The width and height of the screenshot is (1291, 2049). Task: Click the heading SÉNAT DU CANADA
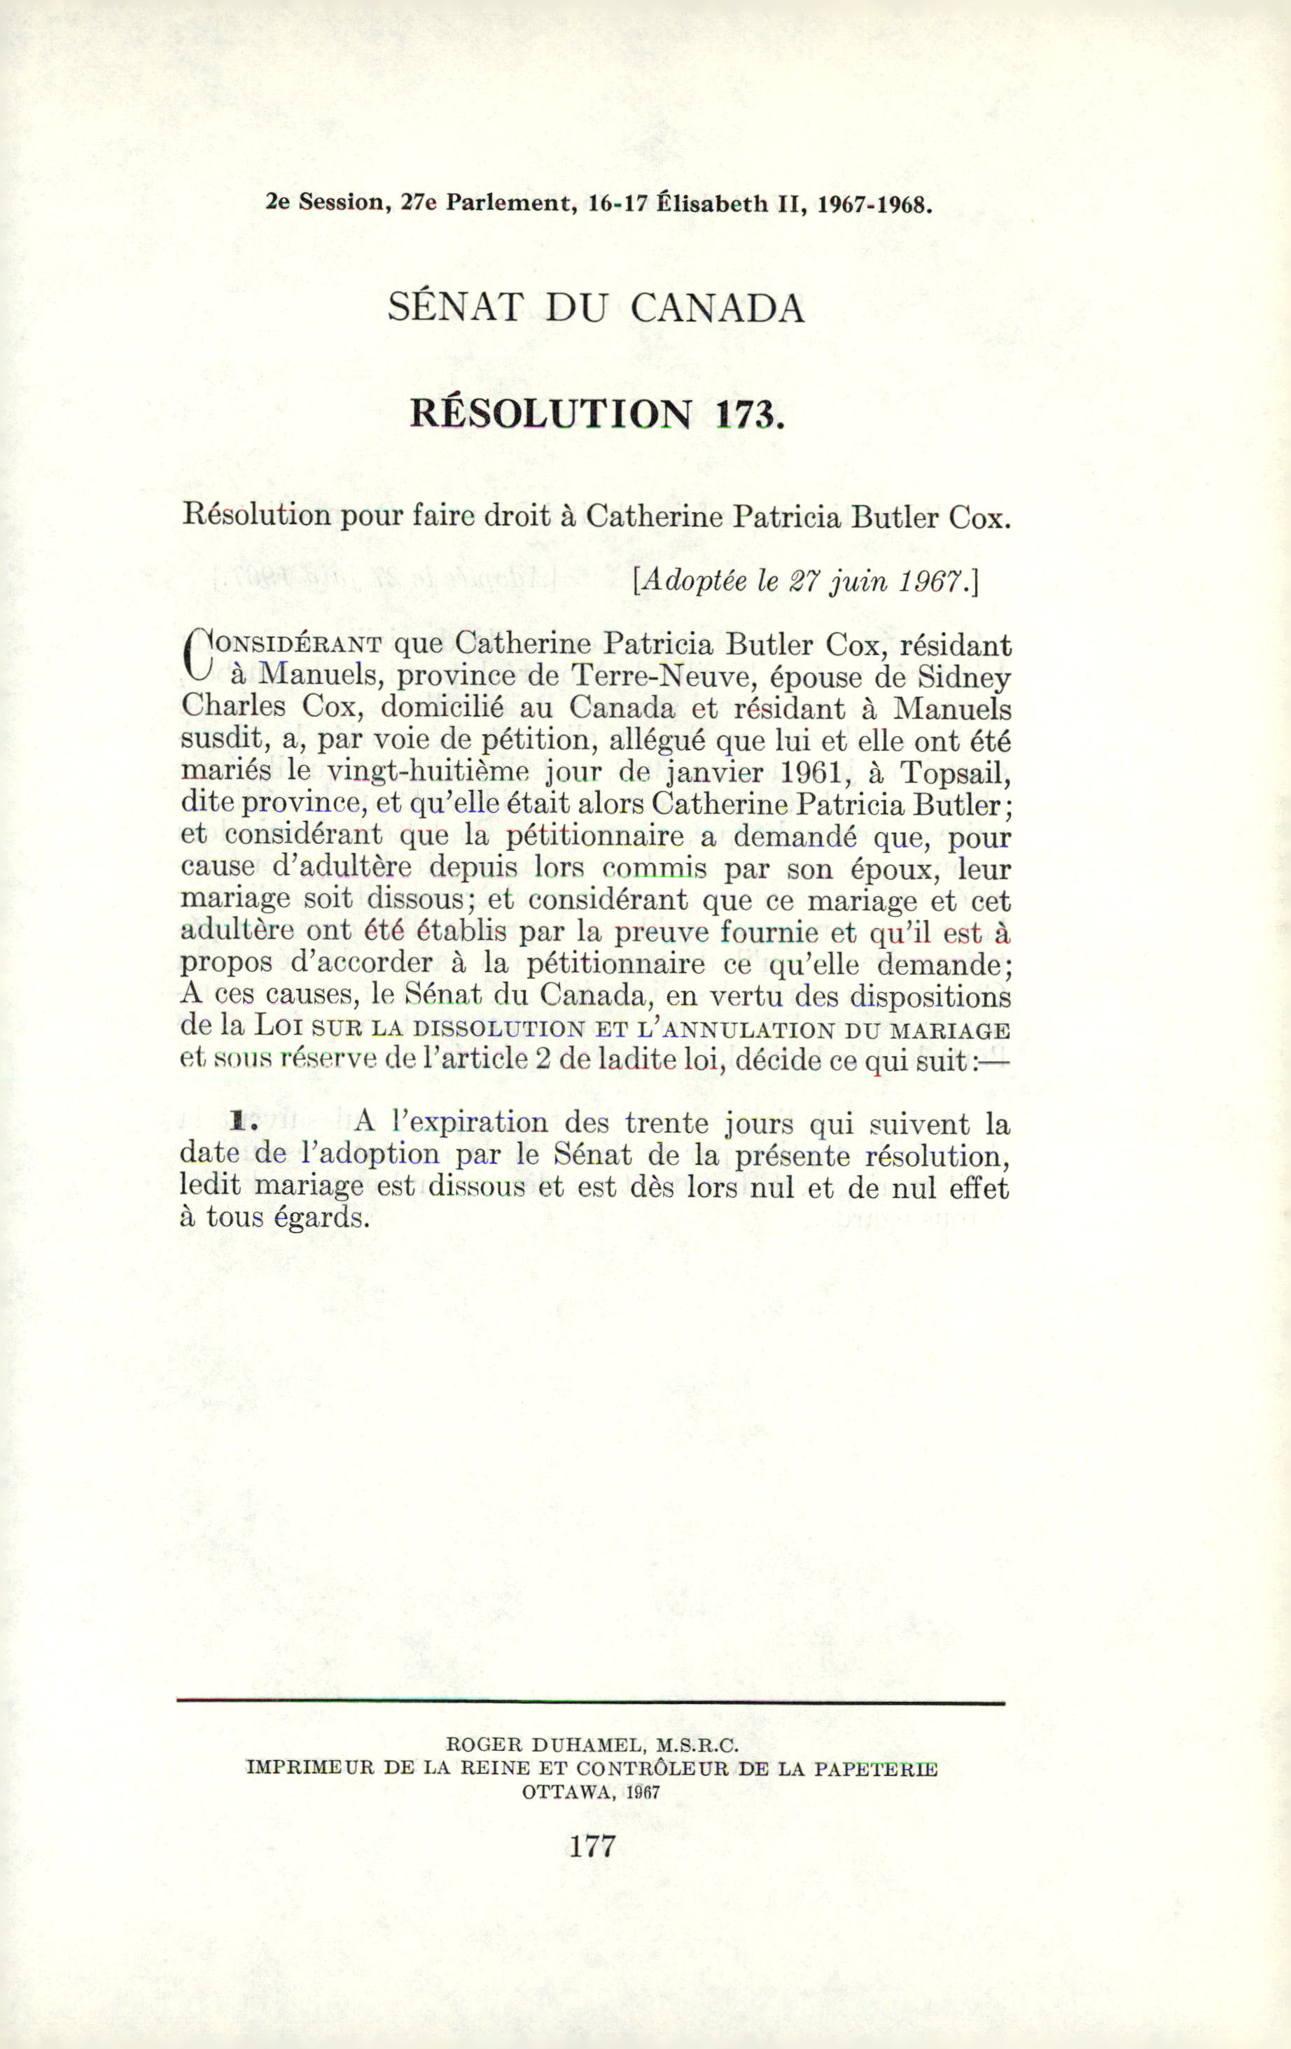point(596,307)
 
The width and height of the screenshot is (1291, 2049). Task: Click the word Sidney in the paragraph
point(964,677)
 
